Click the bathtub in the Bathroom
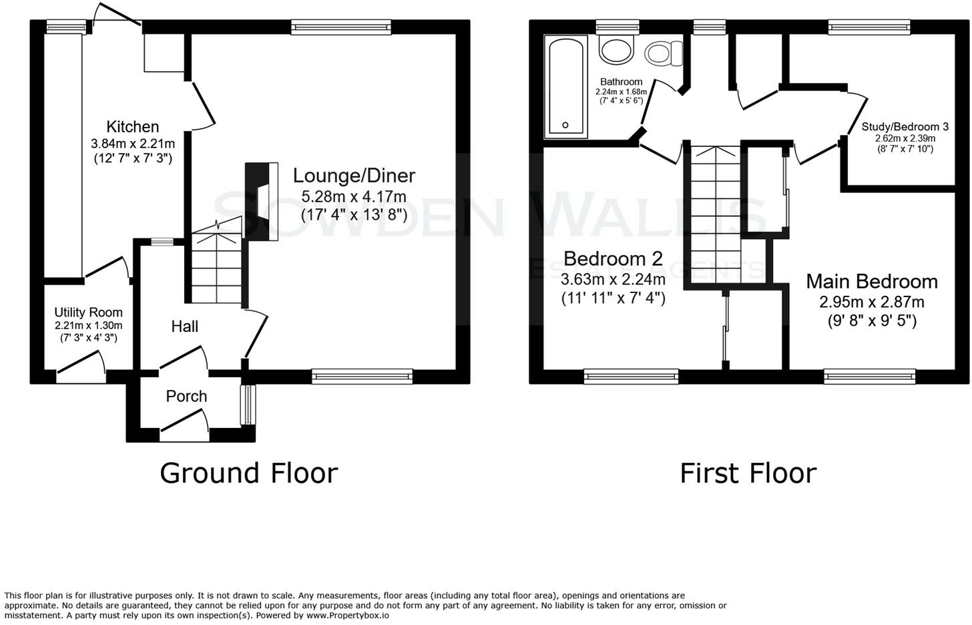point(566,87)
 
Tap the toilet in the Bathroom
point(664,53)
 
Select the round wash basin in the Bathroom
point(617,49)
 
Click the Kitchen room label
point(133,127)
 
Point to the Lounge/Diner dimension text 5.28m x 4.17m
point(354,196)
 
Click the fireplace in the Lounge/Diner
point(262,202)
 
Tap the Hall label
point(185,327)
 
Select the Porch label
point(187,396)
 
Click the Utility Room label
point(89,312)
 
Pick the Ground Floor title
point(249,473)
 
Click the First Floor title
point(748,473)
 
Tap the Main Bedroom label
point(872,282)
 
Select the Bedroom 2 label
point(613,258)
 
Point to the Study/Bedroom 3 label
point(905,127)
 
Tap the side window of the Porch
point(248,405)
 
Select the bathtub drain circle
point(565,125)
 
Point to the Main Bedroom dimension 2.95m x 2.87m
point(872,302)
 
